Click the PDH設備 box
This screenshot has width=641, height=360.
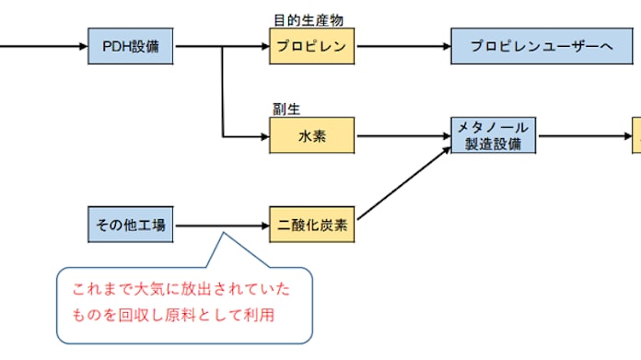pyautogui.click(x=133, y=46)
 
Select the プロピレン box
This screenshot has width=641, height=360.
pyautogui.click(x=311, y=46)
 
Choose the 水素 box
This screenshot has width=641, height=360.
pyautogui.click(x=311, y=136)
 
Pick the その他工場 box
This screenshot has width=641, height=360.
pyautogui.click(x=133, y=225)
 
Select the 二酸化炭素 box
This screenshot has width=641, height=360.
pyautogui.click(x=311, y=225)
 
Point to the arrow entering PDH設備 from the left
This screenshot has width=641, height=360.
pyautogui.click(x=41, y=46)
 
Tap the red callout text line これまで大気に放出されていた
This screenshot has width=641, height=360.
pyautogui.click(x=181, y=290)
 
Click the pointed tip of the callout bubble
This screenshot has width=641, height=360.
pyautogui.click(x=221, y=236)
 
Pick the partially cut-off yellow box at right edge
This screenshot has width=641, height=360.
pyautogui.click(x=636, y=136)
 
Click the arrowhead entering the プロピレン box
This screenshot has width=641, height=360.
pyautogui.click(x=263, y=46)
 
